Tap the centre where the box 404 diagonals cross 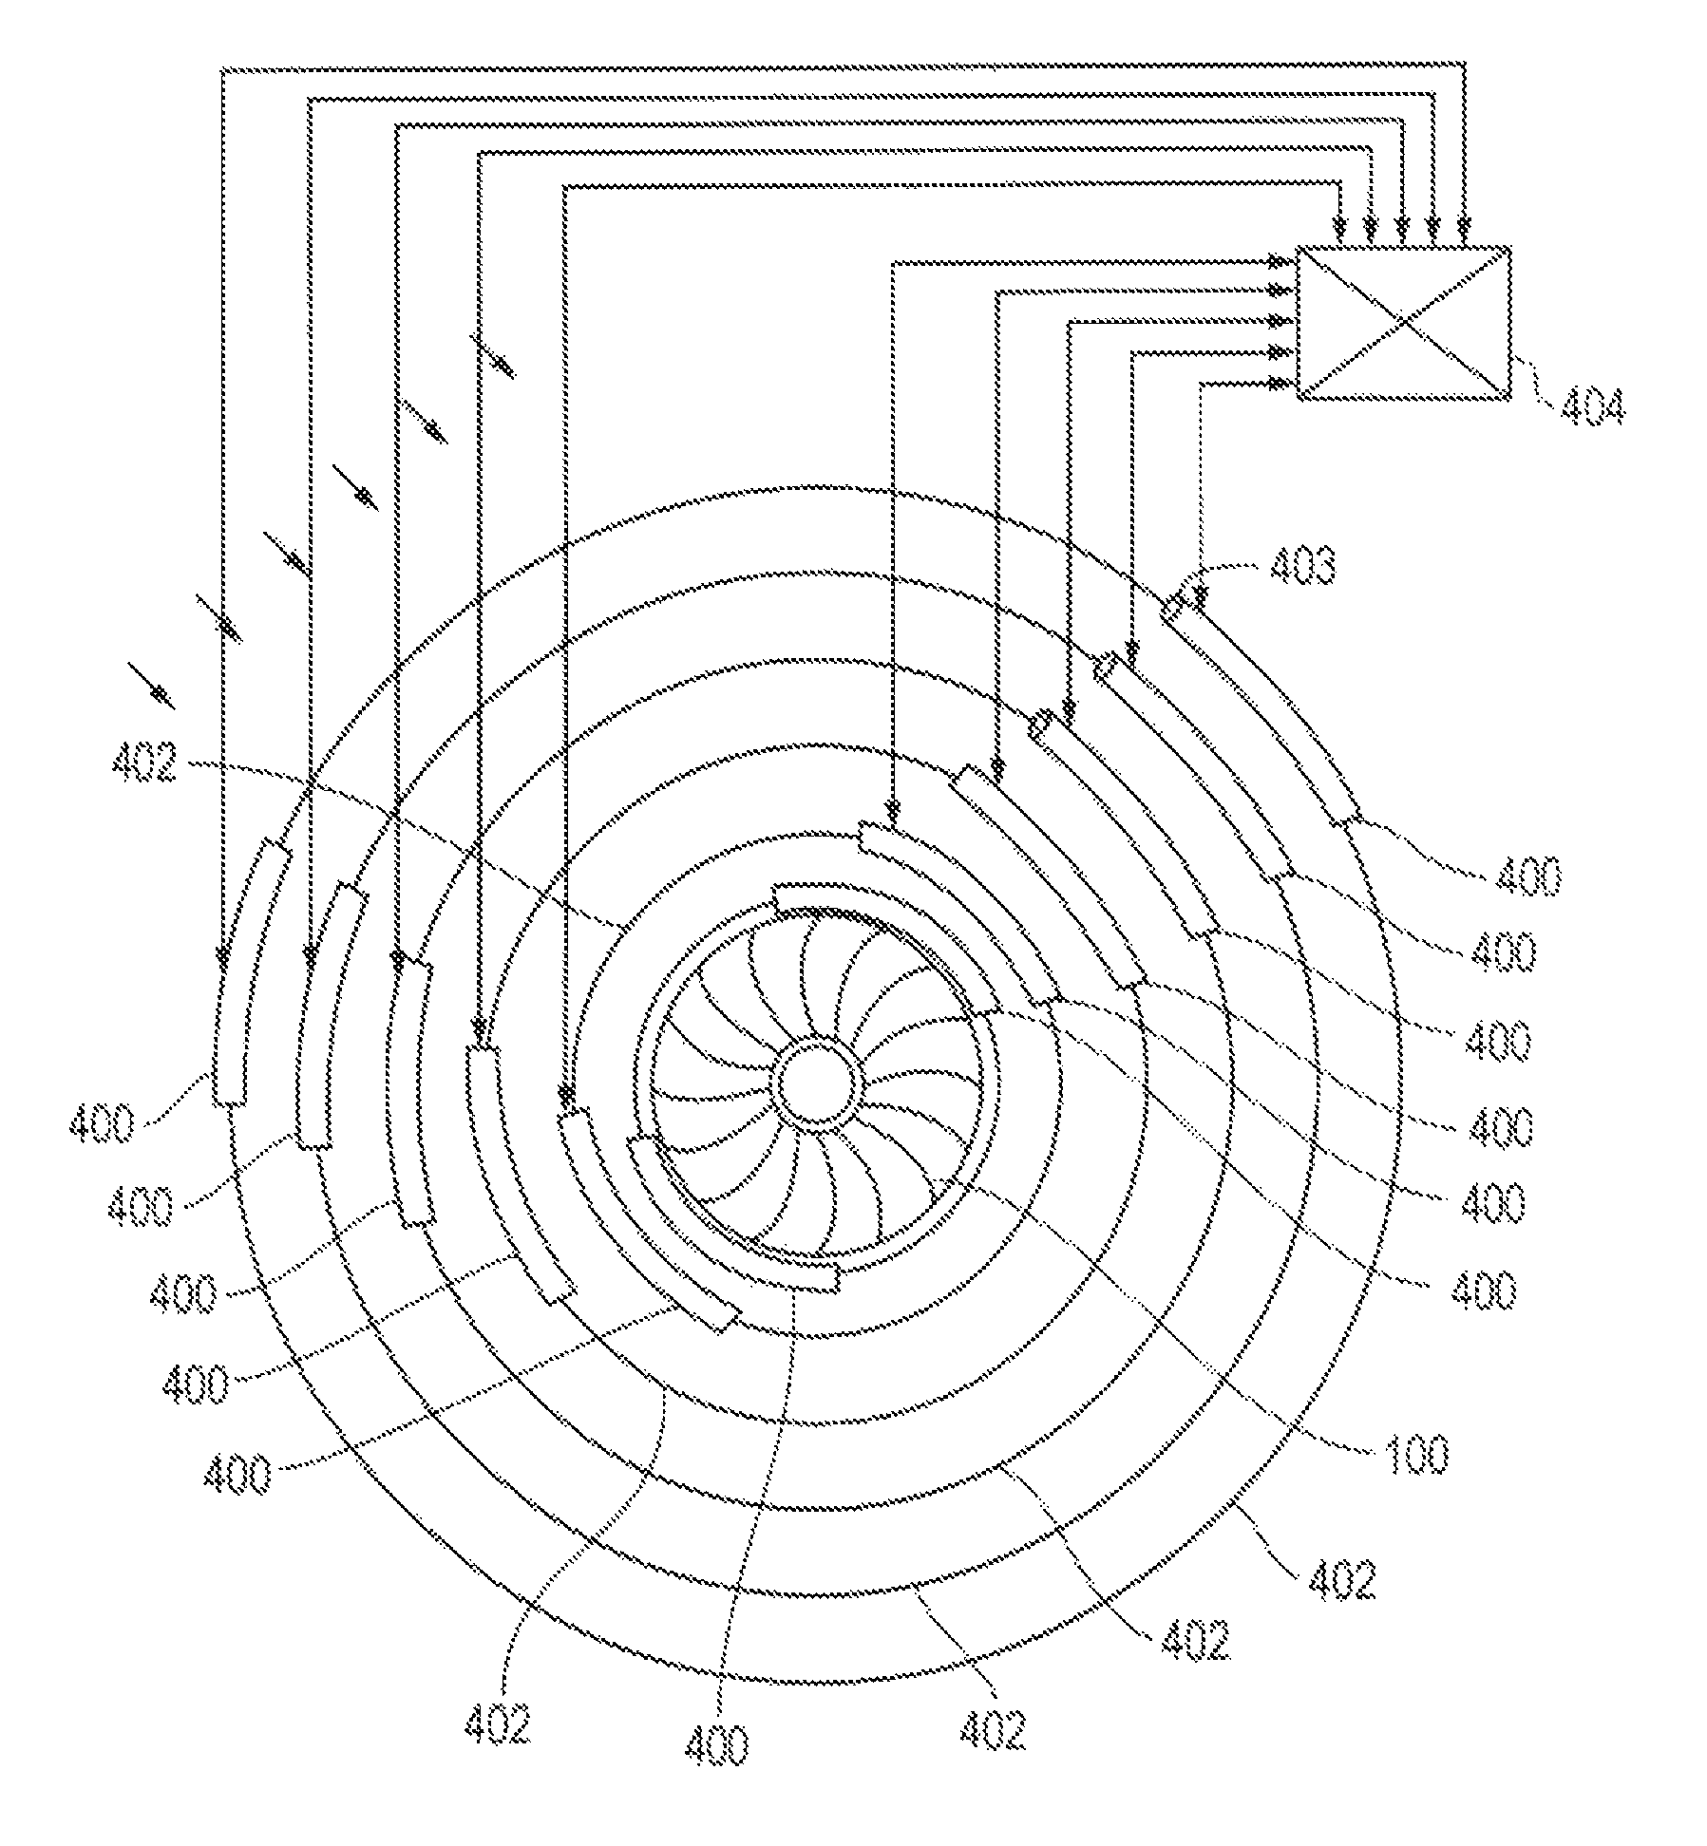(x=1403, y=323)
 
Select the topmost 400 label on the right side (x=1529, y=876)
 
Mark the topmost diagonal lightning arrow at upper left (x=493, y=354)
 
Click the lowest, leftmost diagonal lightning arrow (x=151, y=686)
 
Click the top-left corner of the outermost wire (x=222, y=68)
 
